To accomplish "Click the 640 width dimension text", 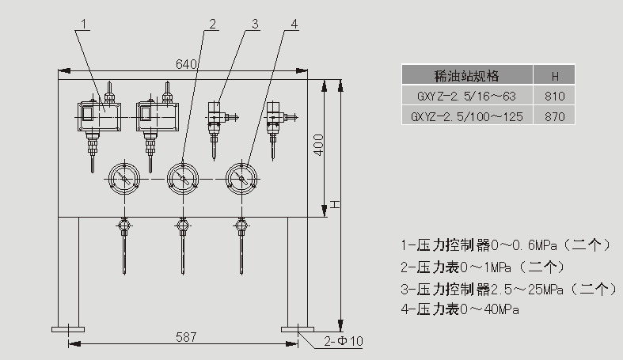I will click(x=186, y=64).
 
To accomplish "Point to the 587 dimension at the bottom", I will click(x=185, y=336).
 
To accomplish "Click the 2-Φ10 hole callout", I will click(x=342, y=341).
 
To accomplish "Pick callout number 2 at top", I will click(x=211, y=23).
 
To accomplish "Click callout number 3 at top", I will click(x=255, y=23).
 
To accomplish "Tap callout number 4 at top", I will click(x=294, y=23).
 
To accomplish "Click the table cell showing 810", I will click(x=555, y=97).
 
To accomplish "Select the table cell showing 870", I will click(x=555, y=116).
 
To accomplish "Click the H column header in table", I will click(x=555, y=77).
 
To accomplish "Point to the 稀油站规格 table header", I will click(x=467, y=77).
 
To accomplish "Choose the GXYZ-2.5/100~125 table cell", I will click(x=467, y=116).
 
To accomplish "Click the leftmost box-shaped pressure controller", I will click(x=98, y=116).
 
